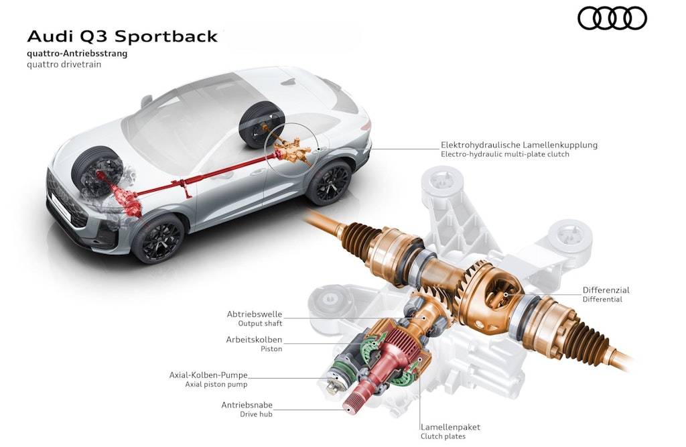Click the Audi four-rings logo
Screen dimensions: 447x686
coord(612,18)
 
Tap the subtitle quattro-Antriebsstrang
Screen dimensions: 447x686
coord(76,54)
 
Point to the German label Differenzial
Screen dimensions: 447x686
coord(606,290)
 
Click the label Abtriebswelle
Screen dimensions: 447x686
coord(254,314)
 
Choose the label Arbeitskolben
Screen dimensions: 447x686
coord(254,339)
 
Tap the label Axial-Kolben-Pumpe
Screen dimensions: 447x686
coord(208,375)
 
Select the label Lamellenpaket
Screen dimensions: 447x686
coord(450,427)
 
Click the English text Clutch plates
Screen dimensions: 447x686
coord(443,437)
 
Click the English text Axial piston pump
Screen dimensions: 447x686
coord(216,385)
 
